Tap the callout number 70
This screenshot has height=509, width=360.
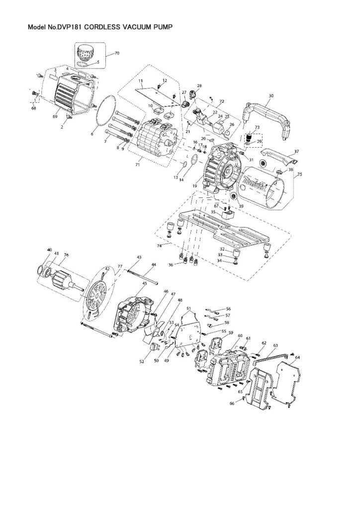point(117,53)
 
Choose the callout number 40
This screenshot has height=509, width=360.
point(49,250)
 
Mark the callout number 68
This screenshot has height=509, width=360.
point(33,108)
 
